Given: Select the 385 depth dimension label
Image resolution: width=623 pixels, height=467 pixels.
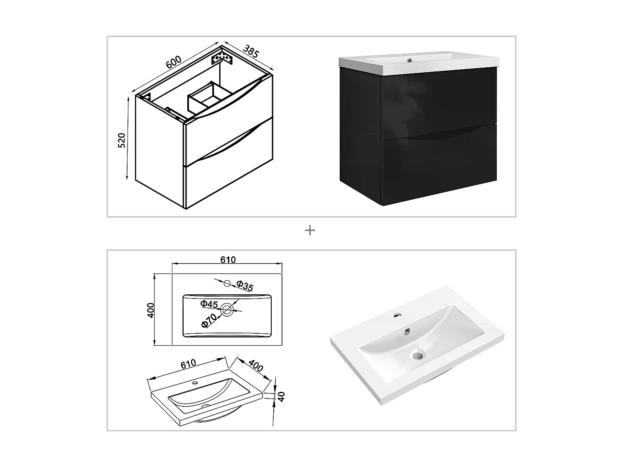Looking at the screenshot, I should click(251, 51).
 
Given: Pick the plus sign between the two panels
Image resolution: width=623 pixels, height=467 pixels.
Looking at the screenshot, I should click(310, 230).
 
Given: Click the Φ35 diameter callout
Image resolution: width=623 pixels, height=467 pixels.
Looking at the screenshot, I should click(245, 286).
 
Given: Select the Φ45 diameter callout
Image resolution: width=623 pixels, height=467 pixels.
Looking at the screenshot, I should click(209, 304).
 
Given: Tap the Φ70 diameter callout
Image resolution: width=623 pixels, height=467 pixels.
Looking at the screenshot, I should click(209, 320).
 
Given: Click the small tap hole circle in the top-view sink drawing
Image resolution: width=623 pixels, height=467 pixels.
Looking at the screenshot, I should click(227, 283).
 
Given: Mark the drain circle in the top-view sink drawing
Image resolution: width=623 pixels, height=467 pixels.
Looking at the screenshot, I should click(227, 309).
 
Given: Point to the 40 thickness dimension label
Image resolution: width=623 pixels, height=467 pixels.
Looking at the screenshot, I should click(281, 396).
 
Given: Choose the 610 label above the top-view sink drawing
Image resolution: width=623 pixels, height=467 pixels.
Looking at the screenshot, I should click(228, 260).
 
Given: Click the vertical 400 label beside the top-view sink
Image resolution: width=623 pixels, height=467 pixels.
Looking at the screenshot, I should click(151, 310).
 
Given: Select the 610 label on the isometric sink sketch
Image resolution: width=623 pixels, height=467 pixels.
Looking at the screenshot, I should click(188, 364).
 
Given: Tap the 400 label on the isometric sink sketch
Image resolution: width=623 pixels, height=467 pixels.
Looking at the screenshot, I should click(256, 365).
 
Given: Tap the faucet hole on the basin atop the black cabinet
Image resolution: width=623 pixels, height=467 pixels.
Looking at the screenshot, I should click(410, 61).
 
